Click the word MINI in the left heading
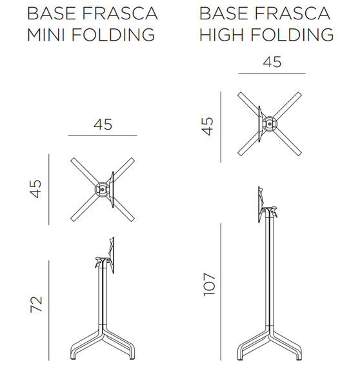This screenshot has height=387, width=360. click(46, 35)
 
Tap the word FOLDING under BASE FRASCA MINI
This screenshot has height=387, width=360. click(114, 35)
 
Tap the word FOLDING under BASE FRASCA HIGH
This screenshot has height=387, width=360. click(292, 35)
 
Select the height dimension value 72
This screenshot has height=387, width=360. click(36, 304)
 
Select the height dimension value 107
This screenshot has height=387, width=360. click(209, 284)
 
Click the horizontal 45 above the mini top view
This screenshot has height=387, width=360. click(103, 124)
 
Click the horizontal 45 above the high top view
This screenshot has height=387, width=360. click(272, 62)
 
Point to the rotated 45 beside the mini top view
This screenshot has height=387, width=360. click(35, 189)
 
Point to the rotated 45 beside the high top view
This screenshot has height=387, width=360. click(208, 126)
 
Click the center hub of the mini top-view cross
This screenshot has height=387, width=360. click(102, 189)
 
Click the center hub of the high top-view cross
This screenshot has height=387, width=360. click(270, 124)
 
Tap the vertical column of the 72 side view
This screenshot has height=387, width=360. click(103, 296)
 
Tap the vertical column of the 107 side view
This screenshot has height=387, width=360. click(270, 272)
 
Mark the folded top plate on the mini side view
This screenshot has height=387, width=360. click(112, 255)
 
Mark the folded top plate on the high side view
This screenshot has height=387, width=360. click(261, 205)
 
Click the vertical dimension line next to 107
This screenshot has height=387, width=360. click(221, 292)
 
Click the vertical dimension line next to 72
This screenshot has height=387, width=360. click(48, 310)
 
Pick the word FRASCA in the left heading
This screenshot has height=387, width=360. click(120, 14)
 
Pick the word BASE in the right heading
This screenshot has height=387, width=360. click(223, 14)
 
